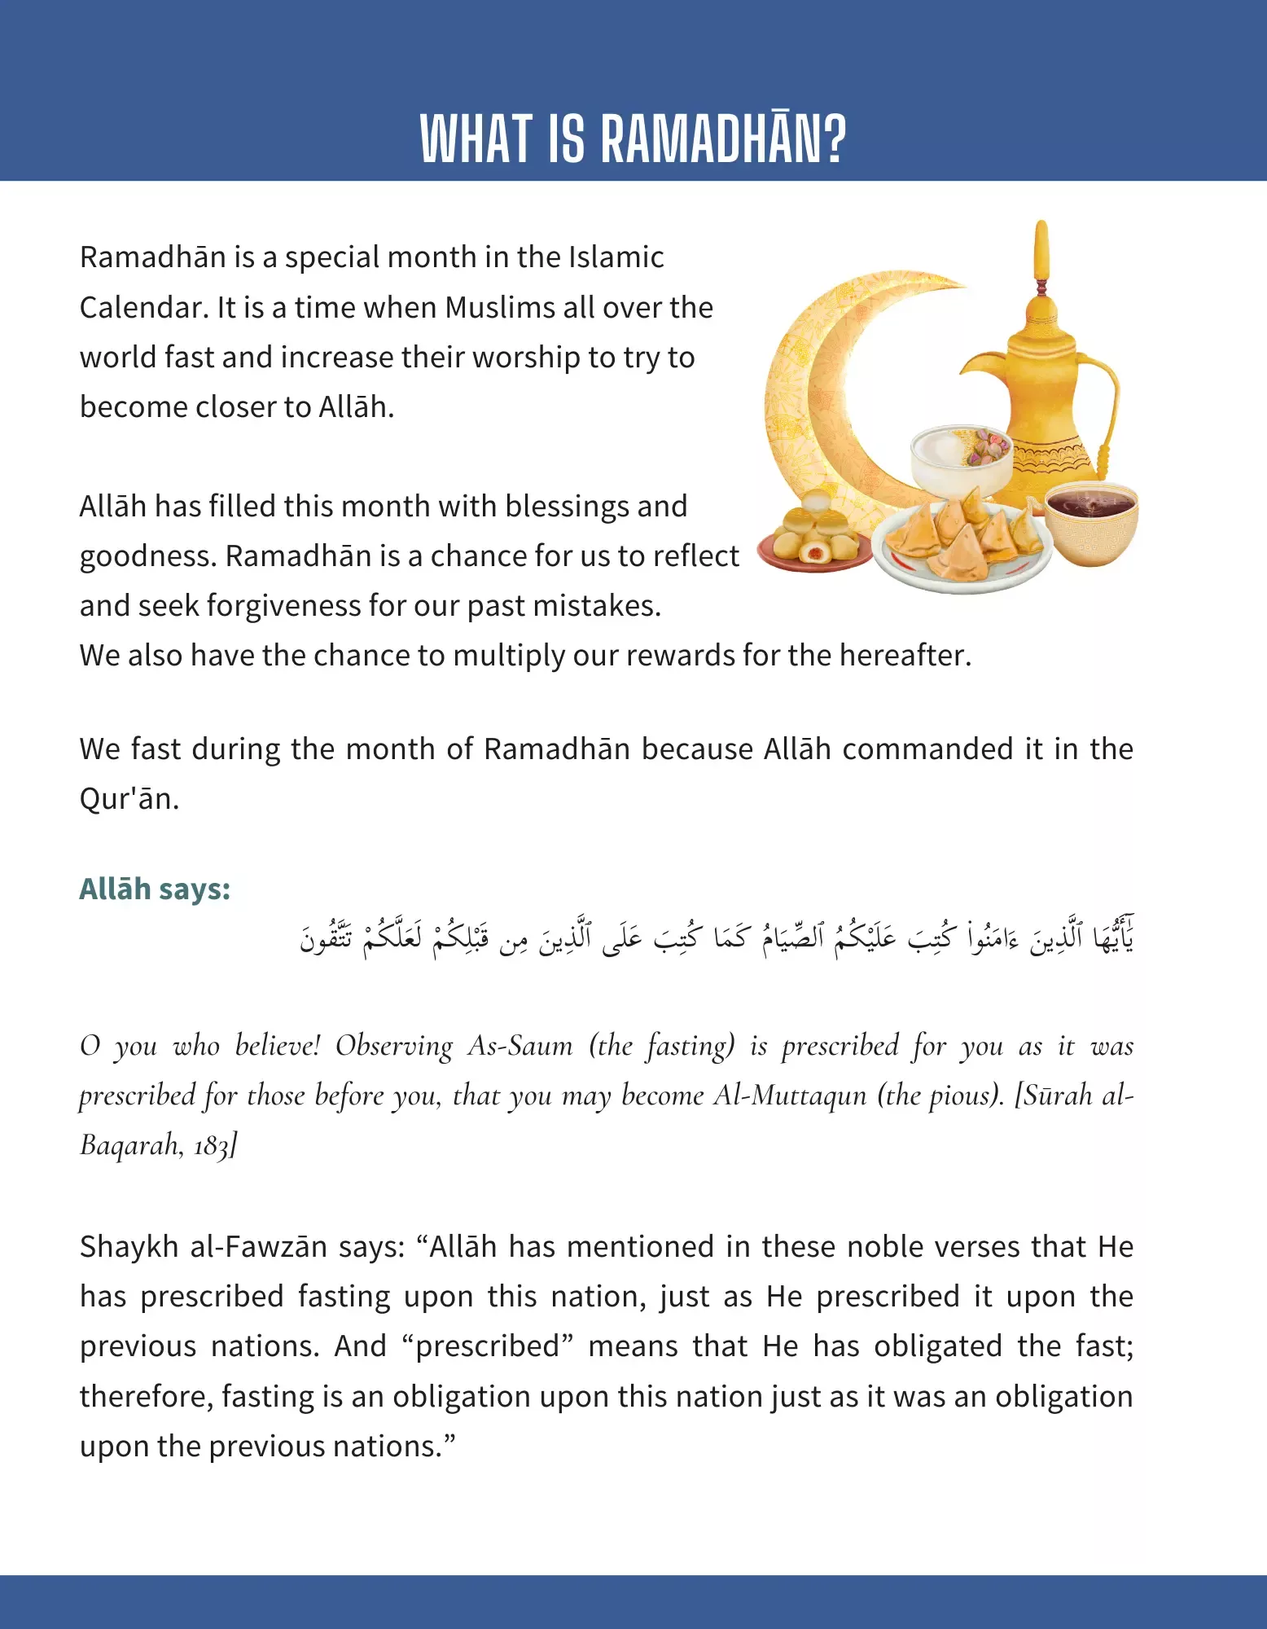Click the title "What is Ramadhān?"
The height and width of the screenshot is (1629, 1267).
click(633, 138)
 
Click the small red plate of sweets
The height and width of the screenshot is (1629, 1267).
click(814, 538)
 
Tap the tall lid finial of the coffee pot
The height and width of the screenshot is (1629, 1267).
click(1041, 252)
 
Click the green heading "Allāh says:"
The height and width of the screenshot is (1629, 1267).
click(155, 889)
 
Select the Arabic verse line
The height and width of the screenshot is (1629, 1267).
click(717, 938)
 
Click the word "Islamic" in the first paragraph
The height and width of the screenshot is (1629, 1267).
click(616, 257)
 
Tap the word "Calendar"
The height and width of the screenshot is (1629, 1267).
click(143, 308)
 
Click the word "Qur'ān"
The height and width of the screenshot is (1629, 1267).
click(127, 799)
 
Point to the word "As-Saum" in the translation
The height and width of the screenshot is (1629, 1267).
click(520, 1046)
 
